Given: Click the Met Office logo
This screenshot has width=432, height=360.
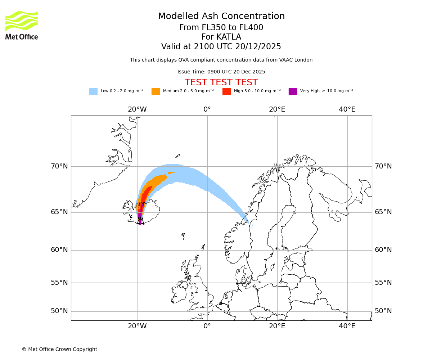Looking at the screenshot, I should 22,25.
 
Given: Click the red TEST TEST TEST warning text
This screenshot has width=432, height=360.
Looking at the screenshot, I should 221,82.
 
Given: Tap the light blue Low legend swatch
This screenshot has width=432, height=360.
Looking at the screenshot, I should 93,91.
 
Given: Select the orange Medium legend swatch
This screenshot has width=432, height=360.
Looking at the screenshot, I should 156,91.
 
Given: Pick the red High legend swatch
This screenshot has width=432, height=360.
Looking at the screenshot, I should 226,91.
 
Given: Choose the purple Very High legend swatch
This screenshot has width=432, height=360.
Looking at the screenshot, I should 293,91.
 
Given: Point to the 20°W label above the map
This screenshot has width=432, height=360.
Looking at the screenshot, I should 137,109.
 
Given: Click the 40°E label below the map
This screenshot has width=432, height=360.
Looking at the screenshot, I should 347,326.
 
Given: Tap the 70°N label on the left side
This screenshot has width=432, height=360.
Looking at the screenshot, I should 59,166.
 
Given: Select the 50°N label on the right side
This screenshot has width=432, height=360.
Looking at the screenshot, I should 383,311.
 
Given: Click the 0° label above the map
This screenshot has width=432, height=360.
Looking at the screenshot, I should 207,109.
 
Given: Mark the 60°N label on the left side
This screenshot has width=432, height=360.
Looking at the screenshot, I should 59,250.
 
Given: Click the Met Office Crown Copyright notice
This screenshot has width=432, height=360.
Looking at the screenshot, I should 59,349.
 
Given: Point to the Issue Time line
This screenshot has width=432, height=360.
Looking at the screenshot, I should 221,72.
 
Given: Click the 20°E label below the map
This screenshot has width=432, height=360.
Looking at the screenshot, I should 277,326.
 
